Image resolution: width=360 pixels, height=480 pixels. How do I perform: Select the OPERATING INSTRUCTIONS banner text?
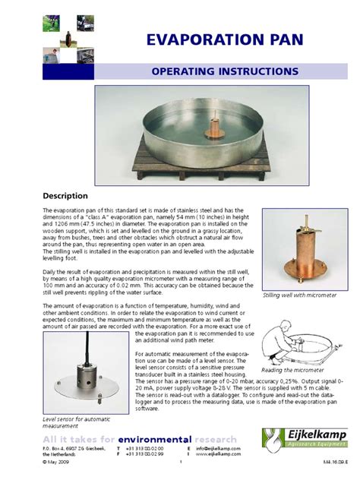tap(225, 71)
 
